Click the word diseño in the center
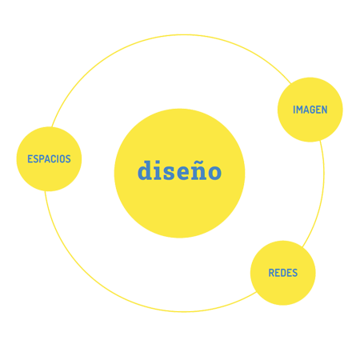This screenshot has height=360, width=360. click(x=179, y=170)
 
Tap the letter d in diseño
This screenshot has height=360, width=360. click(x=146, y=170)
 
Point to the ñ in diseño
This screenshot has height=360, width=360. click(x=198, y=171)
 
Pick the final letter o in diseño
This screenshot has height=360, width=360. click(x=214, y=173)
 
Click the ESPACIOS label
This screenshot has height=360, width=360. click(x=49, y=159)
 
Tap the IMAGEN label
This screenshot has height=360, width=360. click(x=310, y=110)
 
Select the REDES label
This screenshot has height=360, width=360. click(x=283, y=273)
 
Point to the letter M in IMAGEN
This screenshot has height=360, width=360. click(x=300, y=110)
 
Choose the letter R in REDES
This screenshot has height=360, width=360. click(x=271, y=273)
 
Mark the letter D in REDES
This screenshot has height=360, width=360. click(x=283, y=273)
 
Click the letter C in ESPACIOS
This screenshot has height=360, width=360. click(x=54, y=159)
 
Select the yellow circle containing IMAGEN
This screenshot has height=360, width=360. click(x=310, y=110)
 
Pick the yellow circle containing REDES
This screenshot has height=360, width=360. click(x=283, y=273)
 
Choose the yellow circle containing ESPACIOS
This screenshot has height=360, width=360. click(x=49, y=159)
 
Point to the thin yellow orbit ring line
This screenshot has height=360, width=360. click(x=184, y=34)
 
